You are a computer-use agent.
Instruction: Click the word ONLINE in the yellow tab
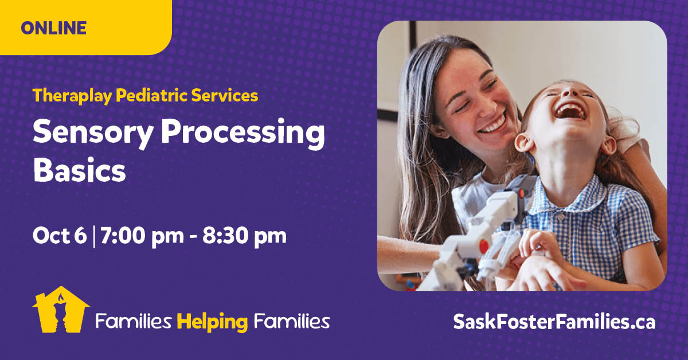(x=54, y=28)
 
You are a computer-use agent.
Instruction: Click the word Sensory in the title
(x=93, y=132)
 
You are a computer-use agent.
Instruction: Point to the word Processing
(x=243, y=132)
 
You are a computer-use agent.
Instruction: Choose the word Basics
(x=80, y=170)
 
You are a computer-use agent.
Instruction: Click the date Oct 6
(x=60, y=236)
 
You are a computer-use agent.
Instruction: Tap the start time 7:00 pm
(x=142, y=237)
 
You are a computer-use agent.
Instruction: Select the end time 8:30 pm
(x=244, y=237)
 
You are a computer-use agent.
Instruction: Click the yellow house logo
(x=61, y=310)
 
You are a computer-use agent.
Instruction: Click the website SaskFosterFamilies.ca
(x=554, y=322)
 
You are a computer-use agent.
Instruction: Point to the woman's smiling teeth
(x=492, y=124)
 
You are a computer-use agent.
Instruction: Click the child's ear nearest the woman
(x=524, y=143)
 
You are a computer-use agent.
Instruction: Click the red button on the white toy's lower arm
(x=484, y=246)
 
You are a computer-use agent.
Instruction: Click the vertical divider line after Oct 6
(x=93, y=237)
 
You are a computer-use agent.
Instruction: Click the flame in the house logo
(x=61, y=298)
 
